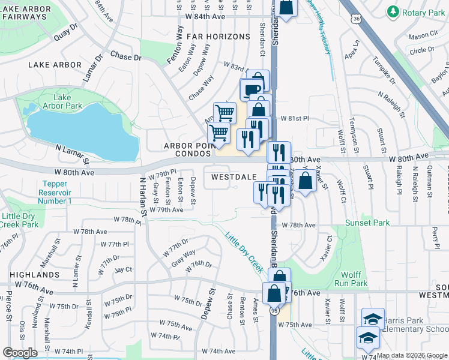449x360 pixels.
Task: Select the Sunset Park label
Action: coord(368,223)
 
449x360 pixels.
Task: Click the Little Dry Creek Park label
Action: coord(20,220)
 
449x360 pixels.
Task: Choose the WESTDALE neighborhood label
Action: coord(233,177)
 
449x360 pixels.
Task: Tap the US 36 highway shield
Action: coord(357,19)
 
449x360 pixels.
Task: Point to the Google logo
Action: coord(20,353)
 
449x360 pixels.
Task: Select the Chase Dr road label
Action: coord(125,57)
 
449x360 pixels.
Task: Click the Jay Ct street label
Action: coord(123,269)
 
